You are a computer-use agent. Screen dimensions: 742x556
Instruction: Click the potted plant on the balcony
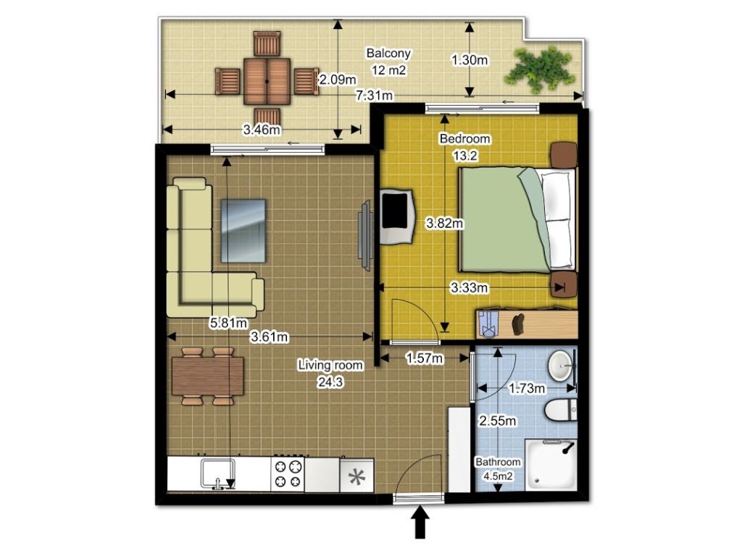(x=539, y=69)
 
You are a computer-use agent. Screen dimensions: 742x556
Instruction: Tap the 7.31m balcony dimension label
(x=375, y=96)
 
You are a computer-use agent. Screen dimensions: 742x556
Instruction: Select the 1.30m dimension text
(x=470, y=60)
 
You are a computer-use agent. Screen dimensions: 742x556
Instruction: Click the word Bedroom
(x=464, y=139)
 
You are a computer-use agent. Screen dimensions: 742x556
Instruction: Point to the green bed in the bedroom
(x=517, y=220)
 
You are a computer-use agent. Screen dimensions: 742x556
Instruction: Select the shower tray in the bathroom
(x=551, y=465)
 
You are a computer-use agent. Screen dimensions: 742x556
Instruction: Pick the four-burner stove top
(x=288, y=474)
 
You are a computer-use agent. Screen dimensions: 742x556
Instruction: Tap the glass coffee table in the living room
(x=243, y=231)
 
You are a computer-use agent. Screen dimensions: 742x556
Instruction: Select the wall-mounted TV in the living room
(x=365, y=235)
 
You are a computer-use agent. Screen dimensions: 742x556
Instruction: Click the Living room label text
(x=330, y=366)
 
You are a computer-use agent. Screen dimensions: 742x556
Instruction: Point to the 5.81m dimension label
(x=228, y=324)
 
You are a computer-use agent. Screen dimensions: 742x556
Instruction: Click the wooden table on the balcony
(x=267, y=81)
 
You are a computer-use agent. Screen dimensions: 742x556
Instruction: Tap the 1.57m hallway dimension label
(x=425, y=359)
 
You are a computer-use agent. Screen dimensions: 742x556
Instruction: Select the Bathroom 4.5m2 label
(x=498, y=469)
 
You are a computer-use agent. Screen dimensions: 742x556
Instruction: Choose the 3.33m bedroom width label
(x=469, y=287)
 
